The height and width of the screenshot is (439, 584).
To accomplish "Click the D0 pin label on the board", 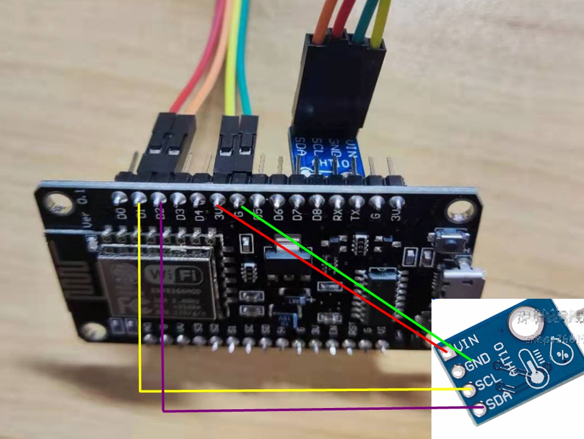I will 122,214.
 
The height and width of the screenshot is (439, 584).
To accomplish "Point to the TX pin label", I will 357,216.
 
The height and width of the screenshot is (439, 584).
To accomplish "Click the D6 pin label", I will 278,216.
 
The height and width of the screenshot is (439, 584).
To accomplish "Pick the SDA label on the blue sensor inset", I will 497,401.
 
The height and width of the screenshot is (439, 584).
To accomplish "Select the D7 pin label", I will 297,216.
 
